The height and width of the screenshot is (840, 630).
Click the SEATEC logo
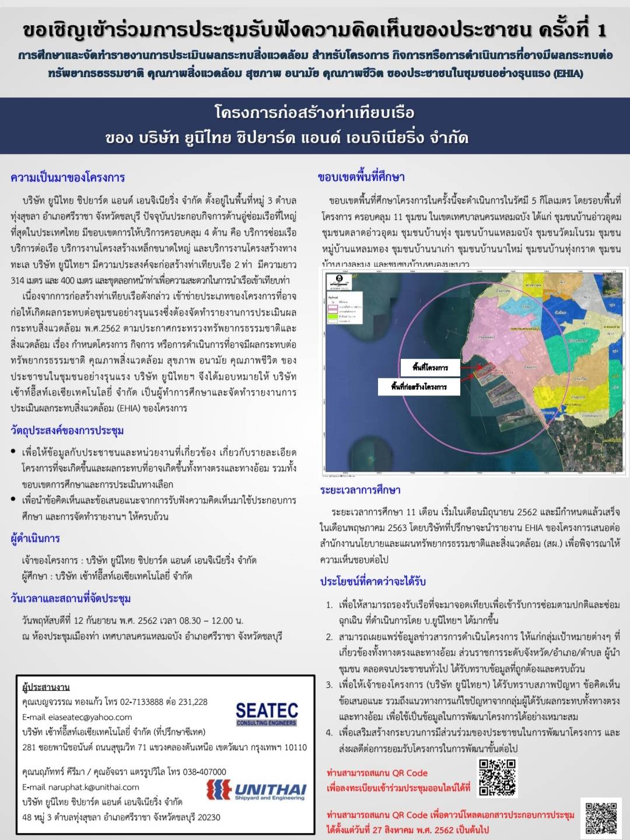tap(267, 713)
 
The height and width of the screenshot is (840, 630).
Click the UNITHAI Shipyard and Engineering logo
tap(257, 790)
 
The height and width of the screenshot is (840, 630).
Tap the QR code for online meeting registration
tap(498, 777)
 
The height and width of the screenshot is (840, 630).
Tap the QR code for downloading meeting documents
tap(601, 818)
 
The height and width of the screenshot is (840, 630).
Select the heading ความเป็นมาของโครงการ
tap(68, 177)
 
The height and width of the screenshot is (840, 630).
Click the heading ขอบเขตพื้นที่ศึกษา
tap(361, 177)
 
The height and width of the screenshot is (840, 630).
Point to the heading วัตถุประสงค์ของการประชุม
tap(67, 430)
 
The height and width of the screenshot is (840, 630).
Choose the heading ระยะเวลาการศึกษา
tap(360, 490)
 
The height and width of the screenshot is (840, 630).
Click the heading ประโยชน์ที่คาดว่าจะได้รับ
tap(373, 581)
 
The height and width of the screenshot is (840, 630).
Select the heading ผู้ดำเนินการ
tap(36, 538)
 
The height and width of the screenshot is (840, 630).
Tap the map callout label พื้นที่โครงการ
tap(430, 367)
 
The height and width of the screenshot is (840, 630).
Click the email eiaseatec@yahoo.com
tap(77, 717)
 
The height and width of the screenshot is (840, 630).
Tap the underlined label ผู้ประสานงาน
tap(46, 687)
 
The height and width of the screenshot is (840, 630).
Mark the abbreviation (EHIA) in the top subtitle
tap(568, 73)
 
